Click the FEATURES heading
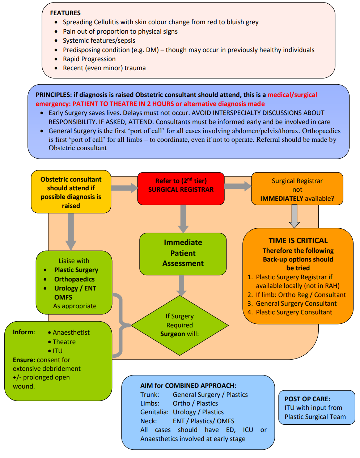coord(65,13)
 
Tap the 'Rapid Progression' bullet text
coord(89,59)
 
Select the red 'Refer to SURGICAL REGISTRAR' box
coord(181,188)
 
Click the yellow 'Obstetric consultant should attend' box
coord(71,192)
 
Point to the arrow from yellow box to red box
coord(124,188)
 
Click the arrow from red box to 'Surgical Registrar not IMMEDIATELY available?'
coord(237,186)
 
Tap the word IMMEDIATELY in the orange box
coord(281,199)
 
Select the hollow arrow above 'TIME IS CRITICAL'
coord(295,216)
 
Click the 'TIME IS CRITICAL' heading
coord(298,241)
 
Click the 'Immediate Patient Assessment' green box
coord(183,253)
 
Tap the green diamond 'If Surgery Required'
coord(180,325)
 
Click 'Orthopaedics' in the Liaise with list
coord(75,279)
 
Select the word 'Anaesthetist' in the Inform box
coord(71,332)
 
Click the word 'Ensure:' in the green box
coord(24,360)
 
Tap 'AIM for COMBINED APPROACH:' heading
coord(188,386)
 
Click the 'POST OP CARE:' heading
coord(307,399)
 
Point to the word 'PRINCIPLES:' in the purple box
coord(54,95)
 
